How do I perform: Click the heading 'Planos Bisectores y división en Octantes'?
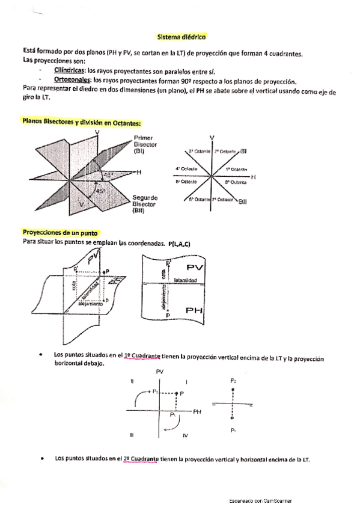81,123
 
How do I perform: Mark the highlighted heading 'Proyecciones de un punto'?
60,233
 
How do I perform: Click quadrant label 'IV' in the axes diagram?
186,434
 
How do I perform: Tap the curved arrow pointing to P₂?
139,396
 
